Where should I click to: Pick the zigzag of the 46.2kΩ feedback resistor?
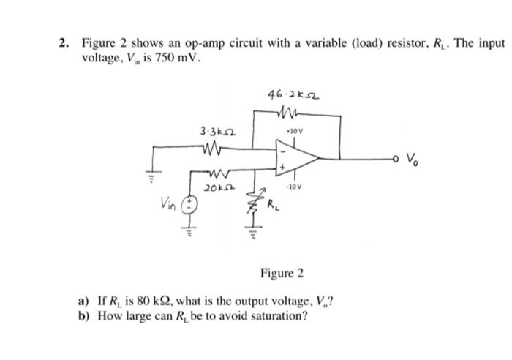click(x=286, y=113)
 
